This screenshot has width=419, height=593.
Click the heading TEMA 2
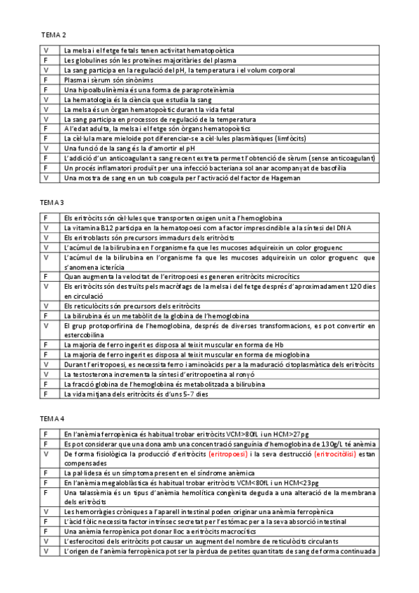[53, 34]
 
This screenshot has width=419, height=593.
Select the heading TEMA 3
[53, 202]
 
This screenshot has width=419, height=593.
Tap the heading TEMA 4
[53, 418]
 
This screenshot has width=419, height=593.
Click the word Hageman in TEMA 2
[285, 178]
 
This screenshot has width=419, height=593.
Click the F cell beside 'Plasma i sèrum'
[45, 80]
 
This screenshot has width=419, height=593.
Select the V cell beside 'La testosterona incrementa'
[45, 374]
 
